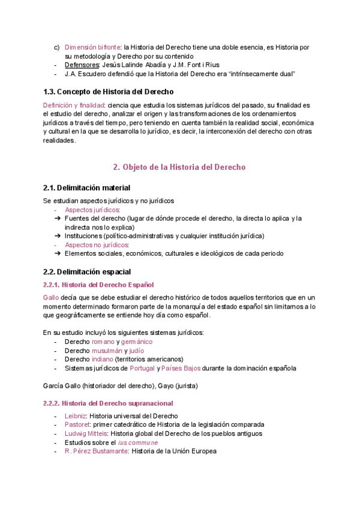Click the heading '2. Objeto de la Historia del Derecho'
179,167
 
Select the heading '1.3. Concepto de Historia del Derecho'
109,92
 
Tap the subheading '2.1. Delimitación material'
86,188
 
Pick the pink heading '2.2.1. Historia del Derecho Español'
99,284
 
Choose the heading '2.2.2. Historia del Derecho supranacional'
109,403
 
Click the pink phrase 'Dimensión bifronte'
92,46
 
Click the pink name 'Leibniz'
76,416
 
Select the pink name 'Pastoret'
77,424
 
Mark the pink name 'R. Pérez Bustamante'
96,451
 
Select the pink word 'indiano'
102,359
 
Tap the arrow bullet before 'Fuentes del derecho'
58,219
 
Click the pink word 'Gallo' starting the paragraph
50,297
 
